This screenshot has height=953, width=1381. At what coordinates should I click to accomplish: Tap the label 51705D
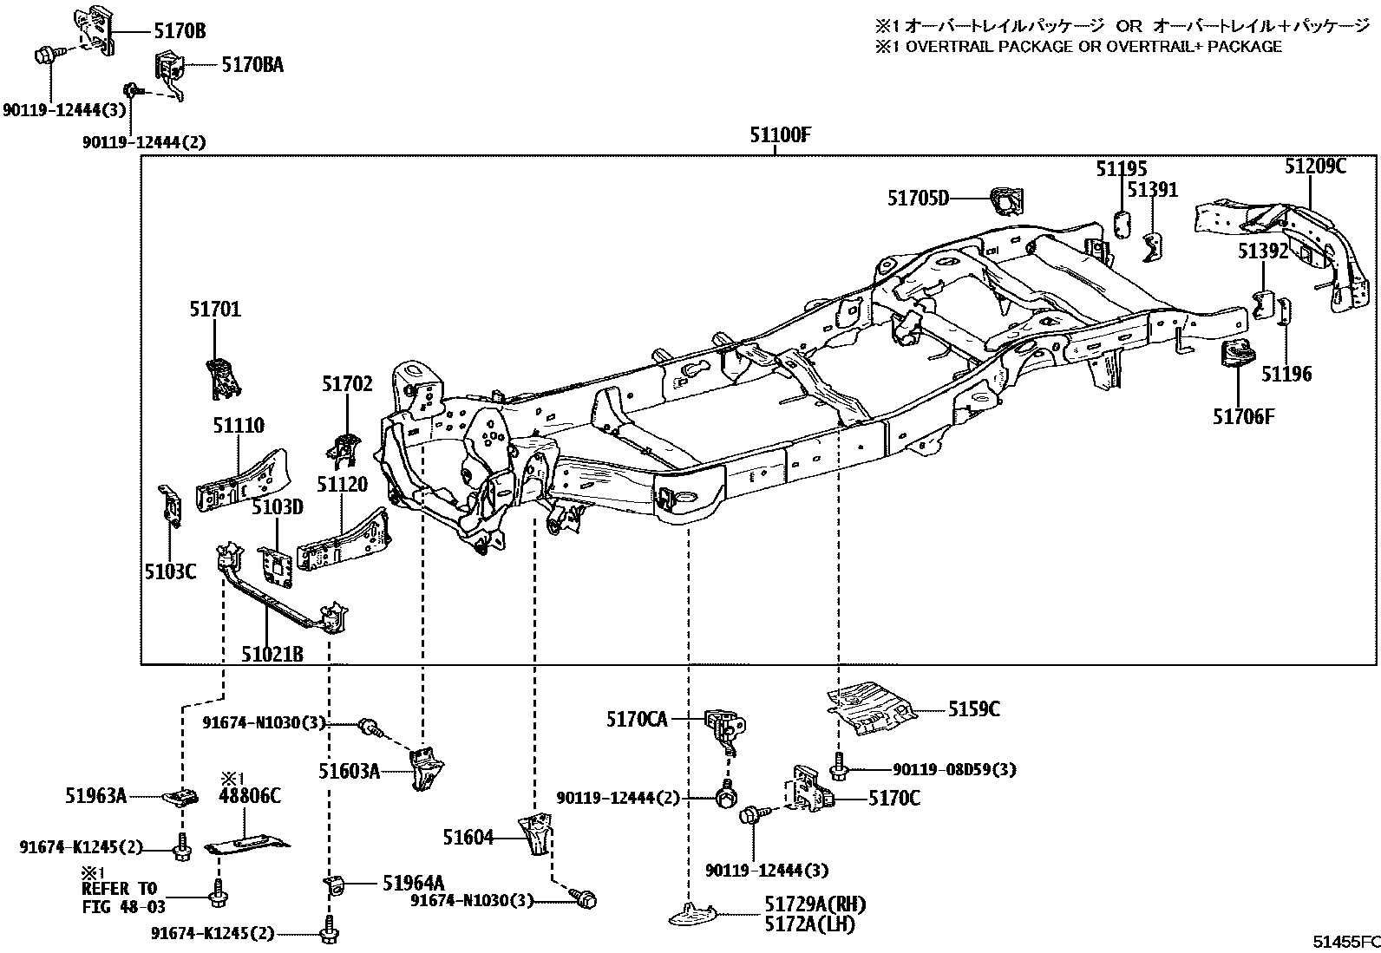[918, 199]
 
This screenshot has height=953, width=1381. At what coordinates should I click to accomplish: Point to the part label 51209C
[1315, 166]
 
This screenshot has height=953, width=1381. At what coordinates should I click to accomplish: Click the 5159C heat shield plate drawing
[872, 707]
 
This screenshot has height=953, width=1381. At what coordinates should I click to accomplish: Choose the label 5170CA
[637, 719]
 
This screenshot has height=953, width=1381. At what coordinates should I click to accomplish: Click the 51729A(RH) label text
[815, 904]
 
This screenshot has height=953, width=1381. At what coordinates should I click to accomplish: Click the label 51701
[215, 310]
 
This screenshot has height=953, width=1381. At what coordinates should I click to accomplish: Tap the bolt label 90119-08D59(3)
[954, 769]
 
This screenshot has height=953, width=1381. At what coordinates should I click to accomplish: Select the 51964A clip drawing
[335, 884]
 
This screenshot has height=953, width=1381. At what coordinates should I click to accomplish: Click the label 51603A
[349, 770]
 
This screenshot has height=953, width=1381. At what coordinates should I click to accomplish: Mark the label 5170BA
[252, 64]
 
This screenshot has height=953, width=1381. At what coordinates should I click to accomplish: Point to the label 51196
[1286, 374]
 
